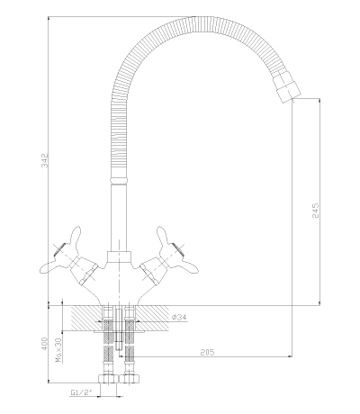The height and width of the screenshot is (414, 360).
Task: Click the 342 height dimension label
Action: (x=44, y=160)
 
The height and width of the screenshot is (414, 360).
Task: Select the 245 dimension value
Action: (x=316, y=211)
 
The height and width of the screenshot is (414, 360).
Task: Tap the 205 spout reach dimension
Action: (x=207, y=352)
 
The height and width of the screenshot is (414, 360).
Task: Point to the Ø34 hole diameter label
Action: (x=180, y=317)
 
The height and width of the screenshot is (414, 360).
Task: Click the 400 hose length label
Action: (x=44, y=344)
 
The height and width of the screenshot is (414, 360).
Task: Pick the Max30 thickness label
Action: (x=58, y=350)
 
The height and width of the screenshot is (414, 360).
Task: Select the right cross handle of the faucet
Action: (x=169, y=256)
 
